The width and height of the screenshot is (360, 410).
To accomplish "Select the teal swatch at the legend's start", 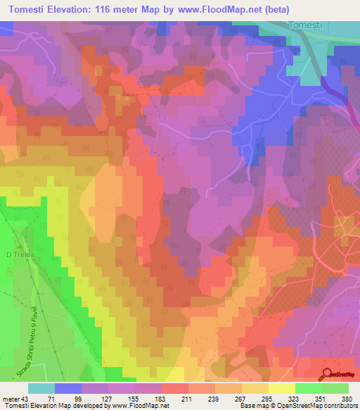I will [x=41, y=388].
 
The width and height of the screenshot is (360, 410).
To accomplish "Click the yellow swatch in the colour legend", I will [x=282, y=388].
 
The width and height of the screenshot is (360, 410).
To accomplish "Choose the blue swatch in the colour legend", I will [x=68, y=388].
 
